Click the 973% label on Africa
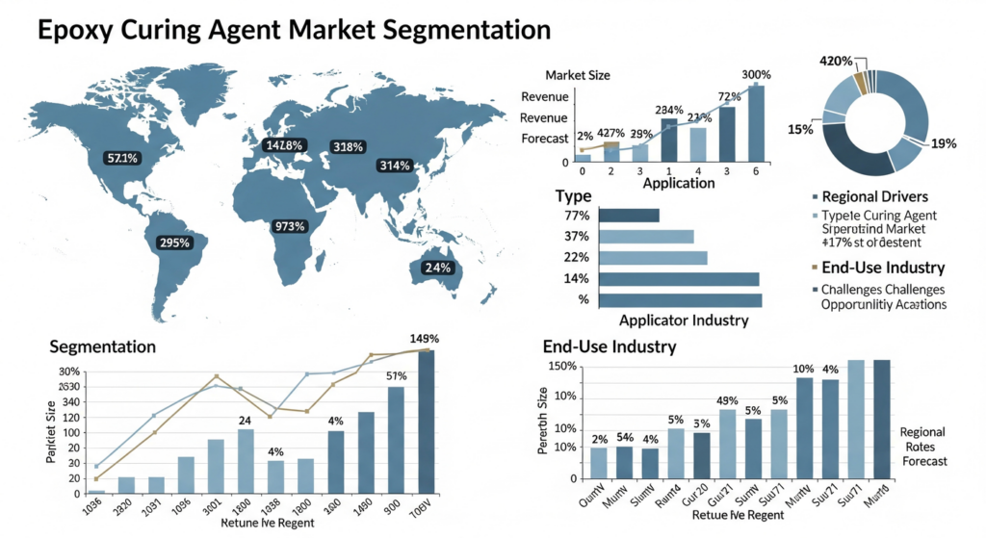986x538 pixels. [289, 226]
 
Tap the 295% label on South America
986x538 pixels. [174, 243]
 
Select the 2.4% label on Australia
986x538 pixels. [437, 268]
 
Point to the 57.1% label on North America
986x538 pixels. [123, 157]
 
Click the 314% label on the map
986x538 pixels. [396, 167]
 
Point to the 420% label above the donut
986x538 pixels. [836, 62]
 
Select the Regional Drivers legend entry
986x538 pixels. [876, 196]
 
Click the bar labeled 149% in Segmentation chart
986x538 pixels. [426, 421]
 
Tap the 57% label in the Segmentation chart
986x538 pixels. [396, 376]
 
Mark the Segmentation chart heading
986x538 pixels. [102, 346]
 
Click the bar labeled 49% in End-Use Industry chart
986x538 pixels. [727, 443]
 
